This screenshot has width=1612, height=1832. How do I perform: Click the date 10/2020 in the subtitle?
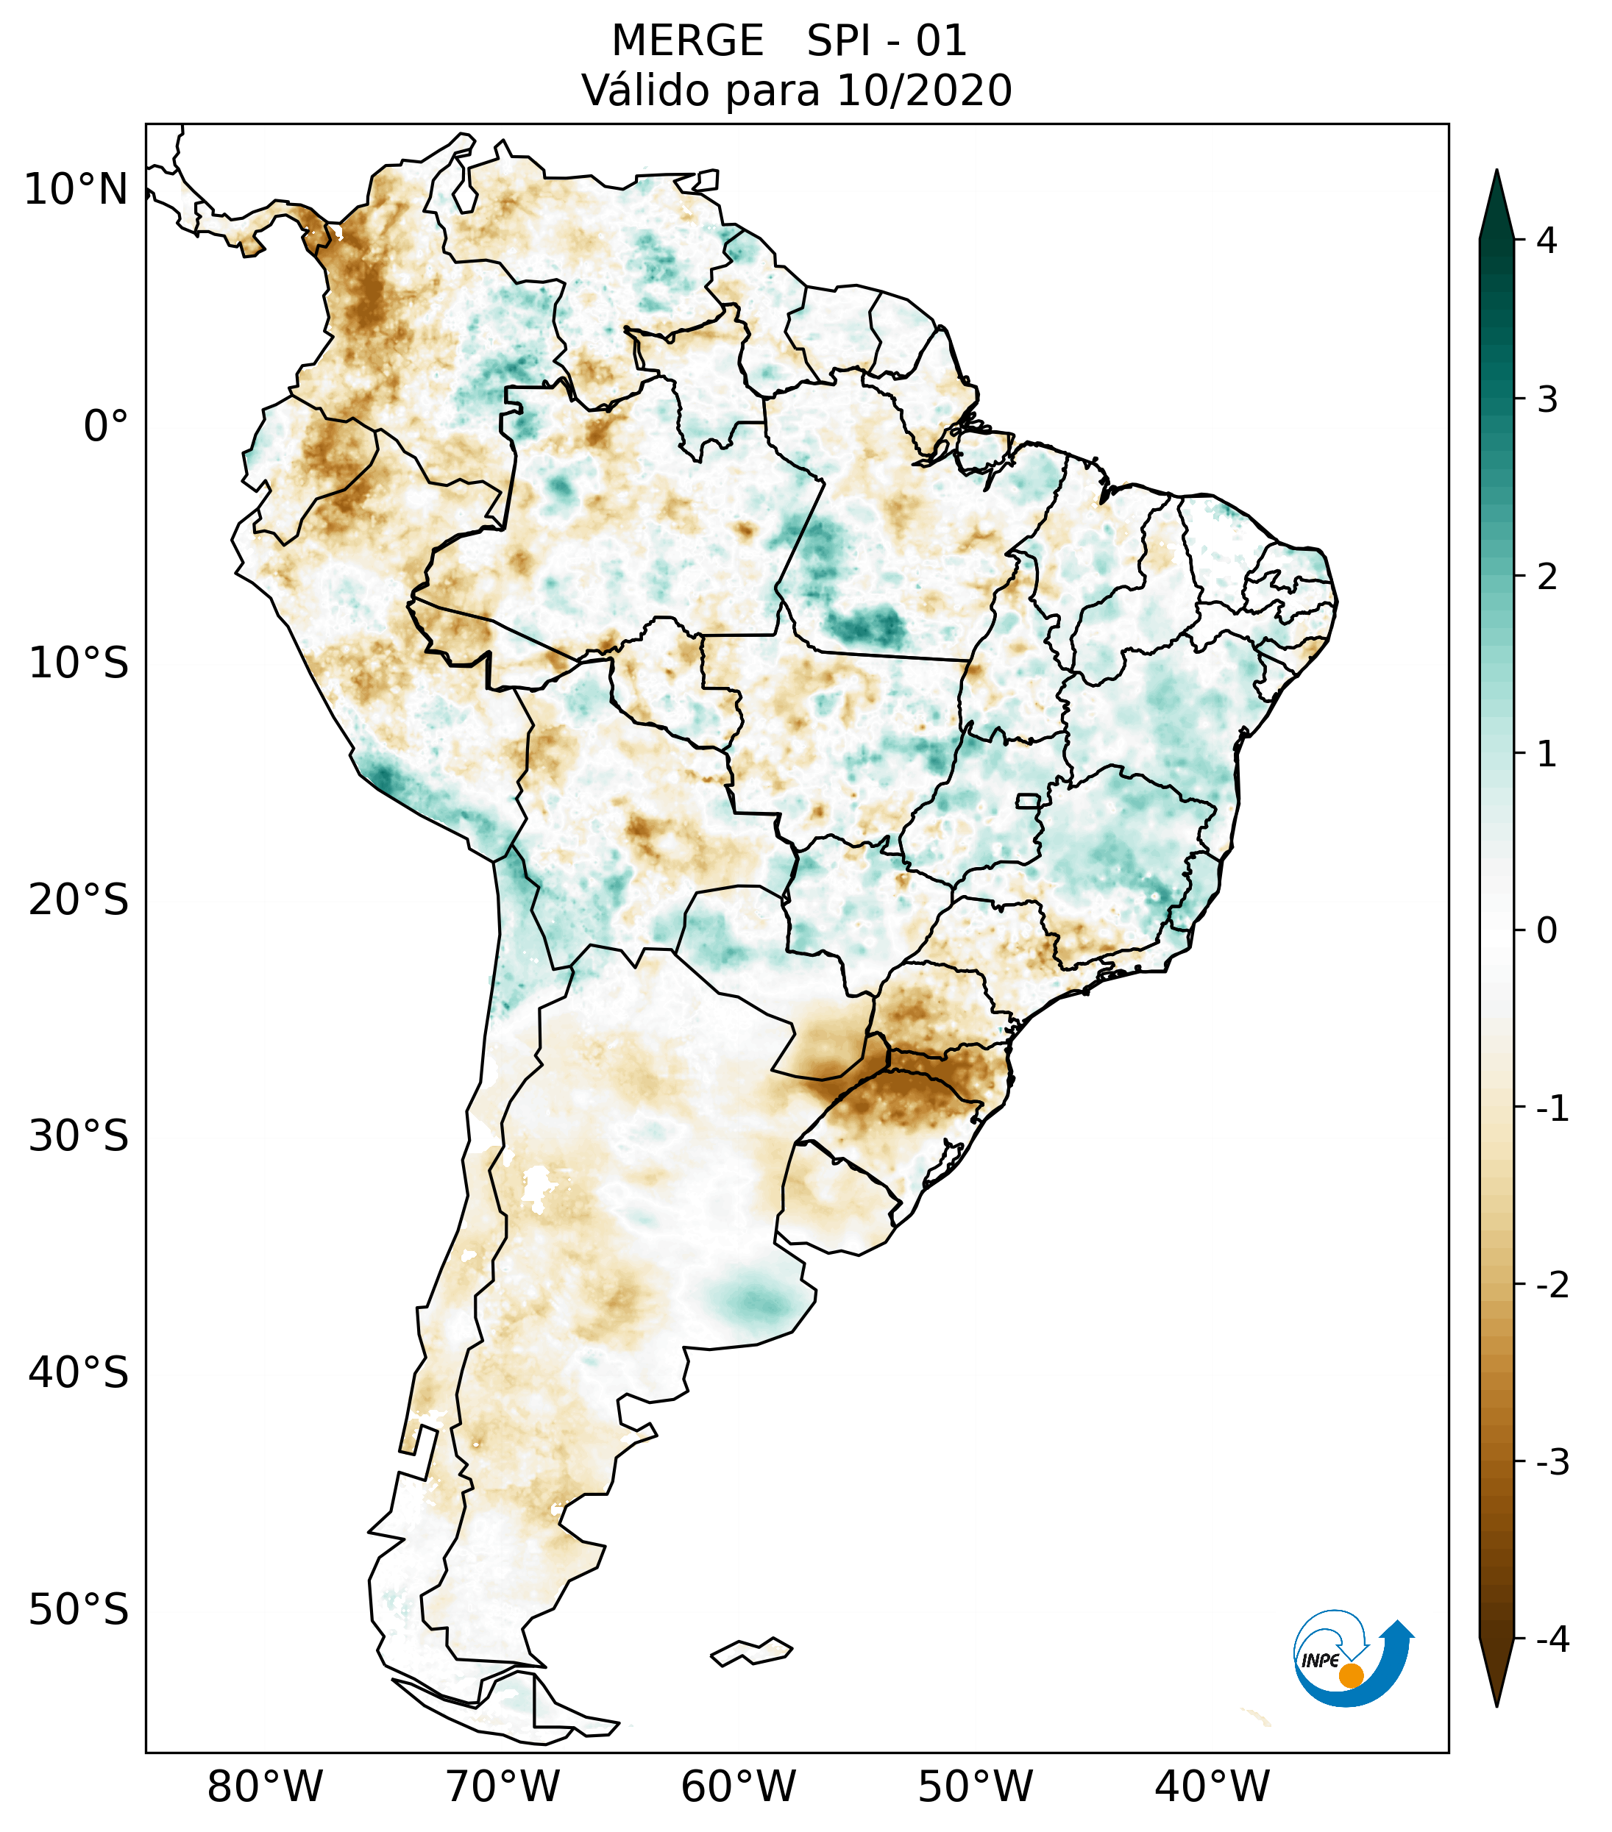[x=923, y=90]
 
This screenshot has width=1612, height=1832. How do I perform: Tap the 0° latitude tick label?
[x=106, y=427]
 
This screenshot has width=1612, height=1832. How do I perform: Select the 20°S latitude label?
[x=79, y=900]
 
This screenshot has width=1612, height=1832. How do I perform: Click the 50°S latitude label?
[x=79, y=1610]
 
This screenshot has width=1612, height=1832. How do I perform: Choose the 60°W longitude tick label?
[x=738, y=1786]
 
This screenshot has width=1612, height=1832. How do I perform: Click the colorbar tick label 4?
[x=1547, y=240]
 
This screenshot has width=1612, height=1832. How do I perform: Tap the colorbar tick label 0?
[x=1547, y=931]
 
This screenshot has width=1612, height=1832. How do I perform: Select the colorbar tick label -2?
[x=1552, y=1286]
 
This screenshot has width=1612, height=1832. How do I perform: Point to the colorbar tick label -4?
[x=1552, y=1640]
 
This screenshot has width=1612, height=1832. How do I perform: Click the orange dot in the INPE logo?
[x=1351, y=1675]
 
